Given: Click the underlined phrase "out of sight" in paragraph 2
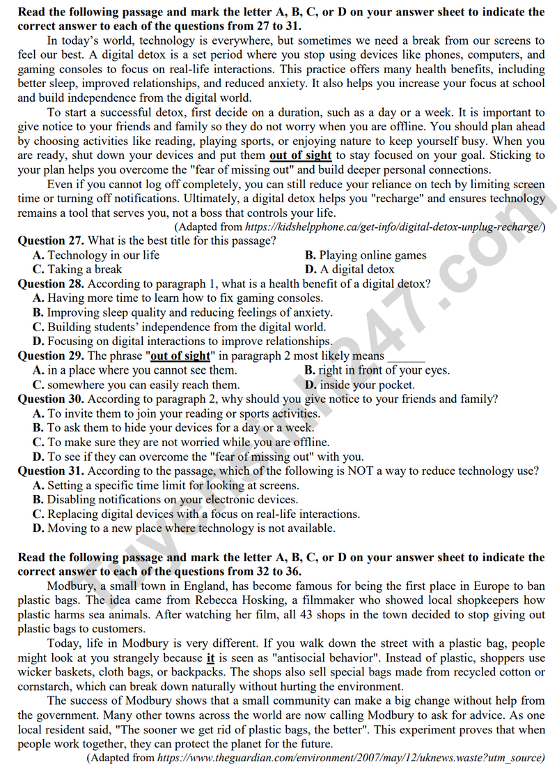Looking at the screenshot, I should click(x=301, y=155).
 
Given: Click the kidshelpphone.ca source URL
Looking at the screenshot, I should click(x=393, y=227).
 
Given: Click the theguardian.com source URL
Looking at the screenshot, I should click(x=349, y=758).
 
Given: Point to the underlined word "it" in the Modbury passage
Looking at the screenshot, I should click(x=211, y=658).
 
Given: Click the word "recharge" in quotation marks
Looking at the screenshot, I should click(x=395, y=199).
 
